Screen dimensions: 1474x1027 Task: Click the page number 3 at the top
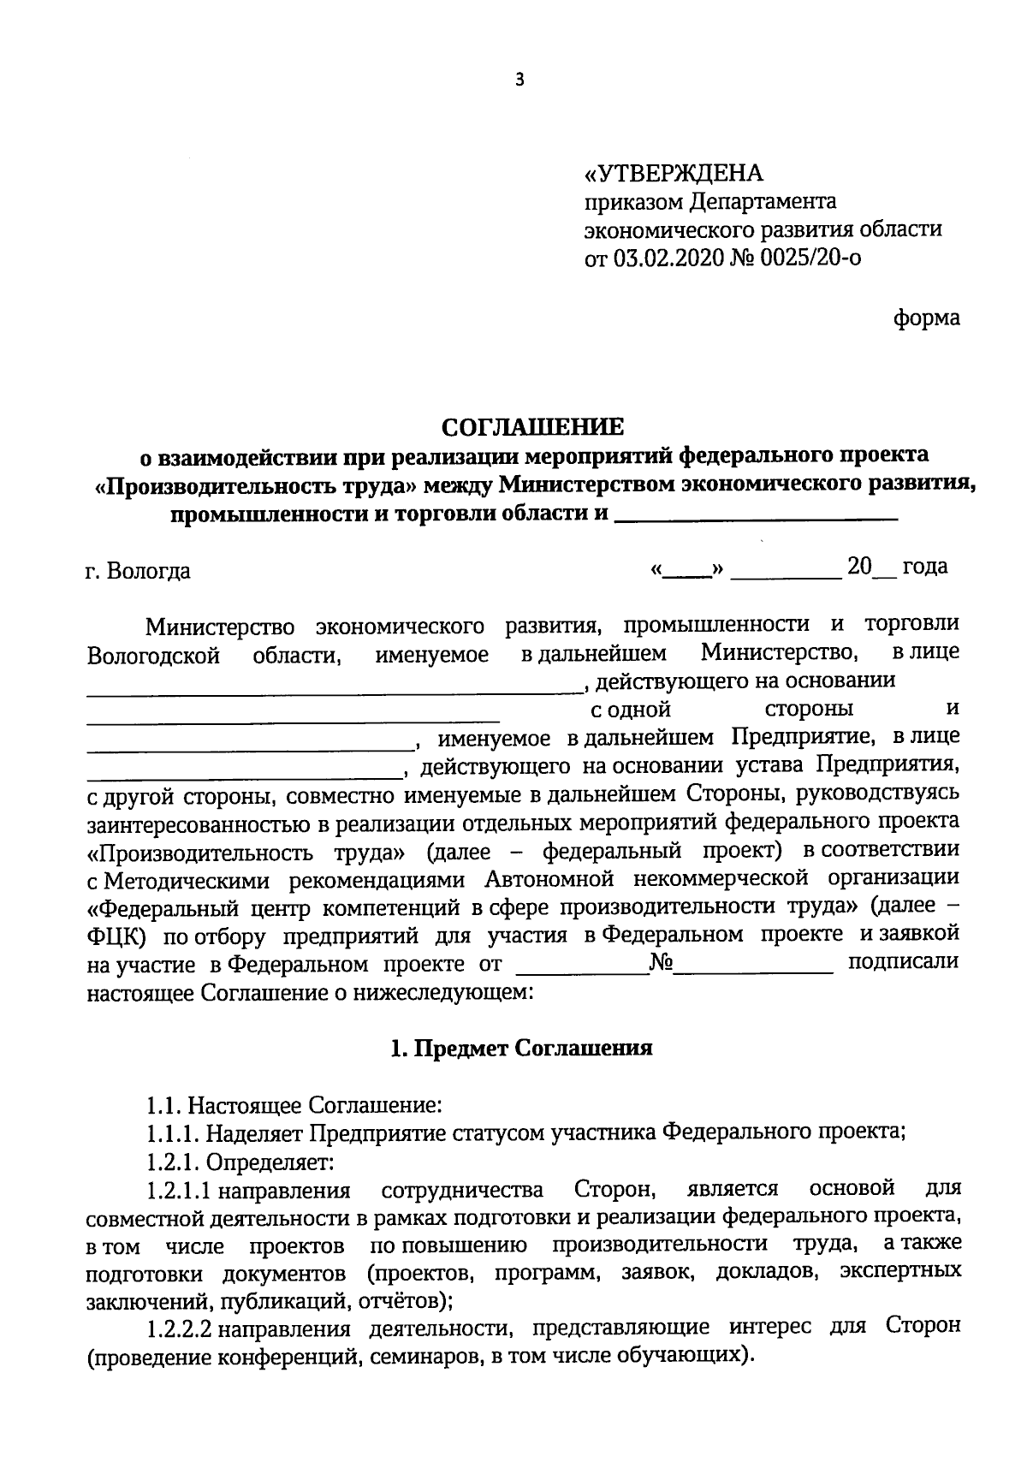point(518,80)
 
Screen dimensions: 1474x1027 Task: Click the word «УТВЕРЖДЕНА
point(673,174)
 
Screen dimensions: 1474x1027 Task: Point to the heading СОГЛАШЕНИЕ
point(532,425)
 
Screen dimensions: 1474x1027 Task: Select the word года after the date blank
point(924,567)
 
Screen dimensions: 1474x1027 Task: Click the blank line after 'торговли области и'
point(756,517)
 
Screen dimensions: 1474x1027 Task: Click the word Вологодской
point(154,657)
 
